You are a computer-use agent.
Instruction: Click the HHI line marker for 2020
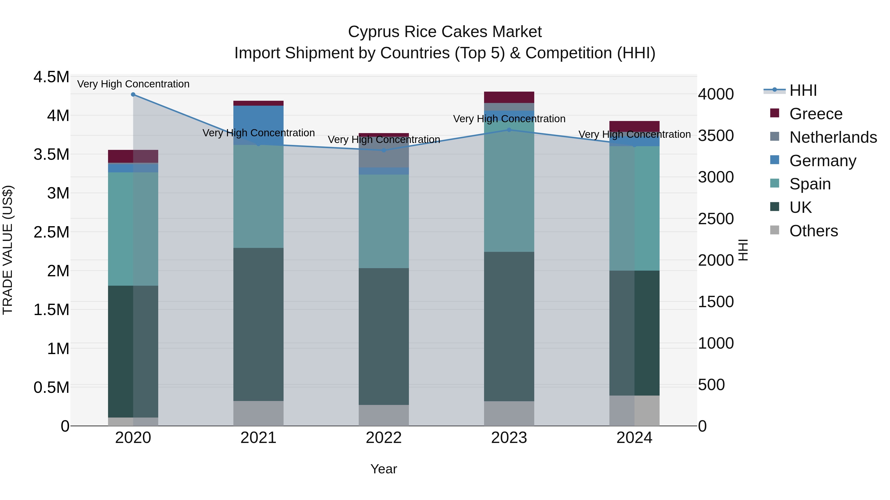[x=133, y=95]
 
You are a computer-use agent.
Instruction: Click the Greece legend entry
[x=816, y=114]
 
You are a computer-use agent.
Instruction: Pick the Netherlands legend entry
[x=833, y=137]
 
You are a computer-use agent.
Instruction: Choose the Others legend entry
[x=813, y=231]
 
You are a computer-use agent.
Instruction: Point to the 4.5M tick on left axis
[x=51, y=77]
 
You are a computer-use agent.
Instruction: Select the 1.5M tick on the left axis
[x=51, y=310]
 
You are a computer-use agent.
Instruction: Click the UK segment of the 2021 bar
[x=258, y=324]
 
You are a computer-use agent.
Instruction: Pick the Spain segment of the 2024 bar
[x=634, y=208]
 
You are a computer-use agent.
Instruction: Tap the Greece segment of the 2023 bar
[x=509, y=97]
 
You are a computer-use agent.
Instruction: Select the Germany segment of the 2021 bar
[x=258, y=125]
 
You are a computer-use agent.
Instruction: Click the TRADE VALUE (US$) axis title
[x=8, y=250]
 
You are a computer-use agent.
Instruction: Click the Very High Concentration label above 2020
[x=133, y=84]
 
